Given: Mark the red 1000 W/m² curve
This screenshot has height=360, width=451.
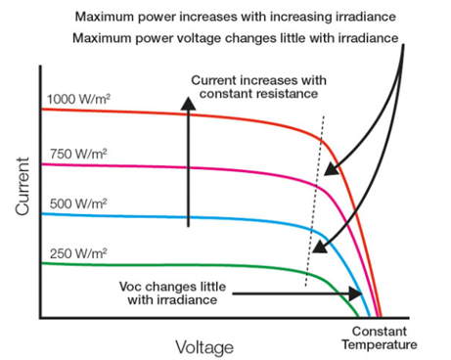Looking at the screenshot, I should pyautogui.click(x=196, y=113).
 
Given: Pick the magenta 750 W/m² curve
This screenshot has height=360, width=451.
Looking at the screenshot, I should pyautogui.click(x=196, y=167).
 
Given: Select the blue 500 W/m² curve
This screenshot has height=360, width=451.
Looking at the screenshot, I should pyautogui.click(x=196, y=217).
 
